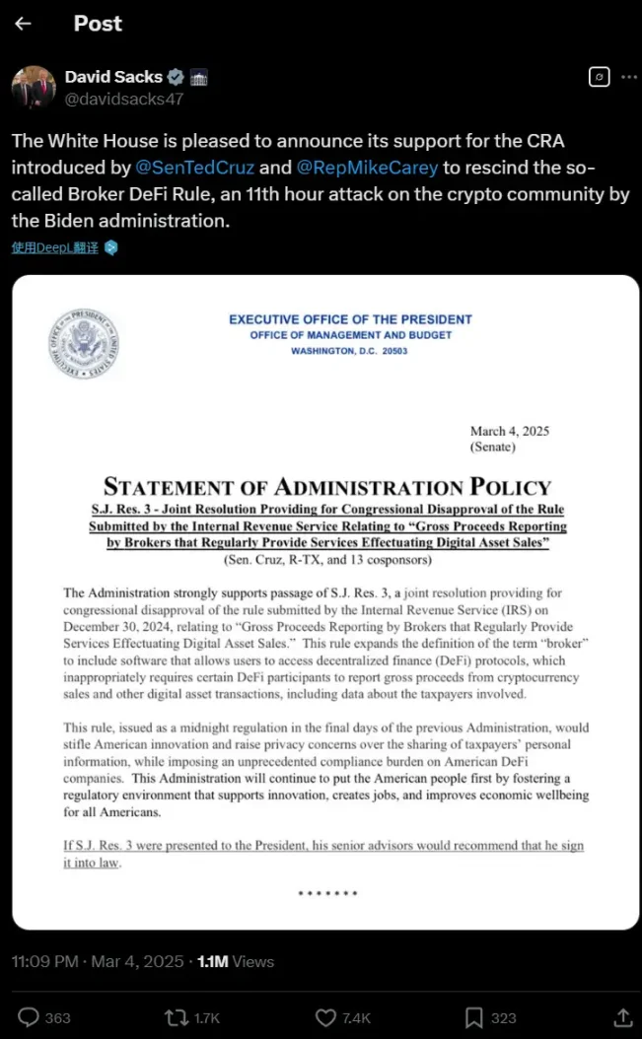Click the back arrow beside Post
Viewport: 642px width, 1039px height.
tap(23, 24)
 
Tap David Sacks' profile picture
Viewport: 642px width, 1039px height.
tap(34, 87)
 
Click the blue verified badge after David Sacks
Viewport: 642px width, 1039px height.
tap(176, 77)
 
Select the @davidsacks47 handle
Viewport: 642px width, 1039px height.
tap(124, 99)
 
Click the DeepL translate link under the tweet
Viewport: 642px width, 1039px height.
tap(55, 247)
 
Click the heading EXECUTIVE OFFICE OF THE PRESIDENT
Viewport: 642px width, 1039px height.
tap(350, 319)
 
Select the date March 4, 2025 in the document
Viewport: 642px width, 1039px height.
tap(509, 431)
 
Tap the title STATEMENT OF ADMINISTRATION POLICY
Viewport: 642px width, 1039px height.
tap(326, 486)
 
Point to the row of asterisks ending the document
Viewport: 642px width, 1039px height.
tap(326, 894)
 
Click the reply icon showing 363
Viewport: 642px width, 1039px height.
tap(30, 1017)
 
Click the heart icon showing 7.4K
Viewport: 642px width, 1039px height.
tap(325, 1017)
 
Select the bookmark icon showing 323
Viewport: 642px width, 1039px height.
tap(474, 1017)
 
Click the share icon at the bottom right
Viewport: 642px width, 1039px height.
tap(622, 1017)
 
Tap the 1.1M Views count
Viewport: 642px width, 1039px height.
tap(236, 961)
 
